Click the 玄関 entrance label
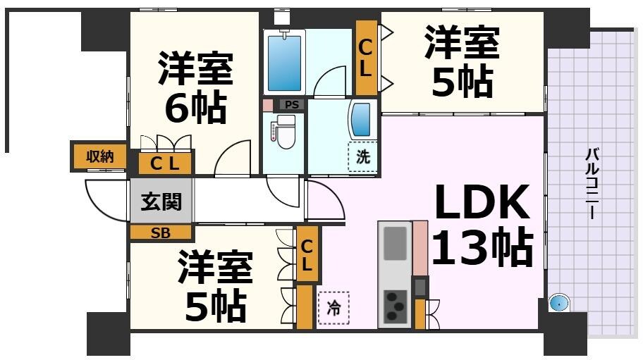coord(161,202)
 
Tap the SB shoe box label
coord(161,233)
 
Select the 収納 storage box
coord(99,156)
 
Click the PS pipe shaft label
coord(293,105)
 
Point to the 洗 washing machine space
coord(362,157)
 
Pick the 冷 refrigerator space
coord(333,308)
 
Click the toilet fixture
coord(285,132)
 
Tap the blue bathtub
coord(284,61)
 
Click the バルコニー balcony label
coord(592,183)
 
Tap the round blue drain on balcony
coord(558,304)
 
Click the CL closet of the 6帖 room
coord(165,163)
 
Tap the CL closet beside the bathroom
coord(366,58)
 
